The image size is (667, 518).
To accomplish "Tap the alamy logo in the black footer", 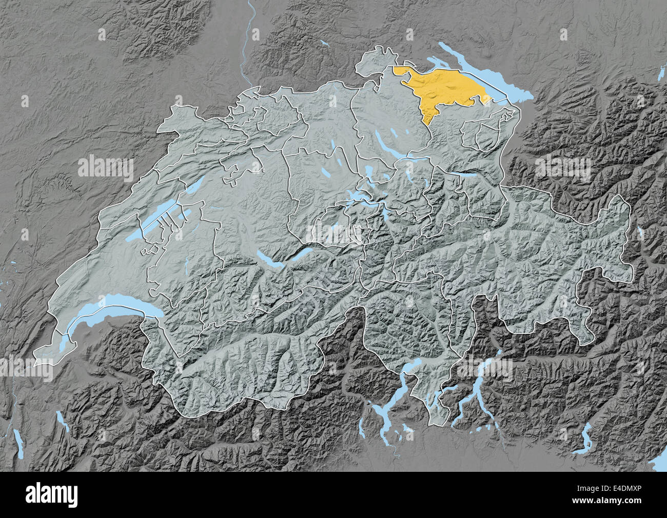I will [x=51, y=494].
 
